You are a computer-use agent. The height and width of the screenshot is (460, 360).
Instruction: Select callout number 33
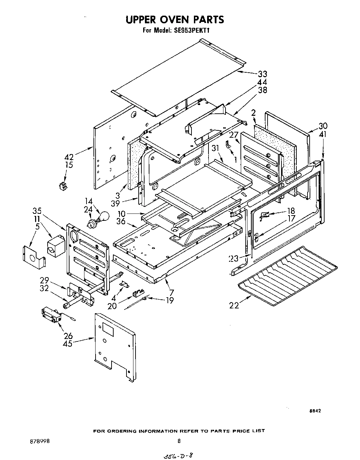[x=262, y=74]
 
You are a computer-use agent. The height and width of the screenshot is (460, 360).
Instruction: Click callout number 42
[x=69, y=157]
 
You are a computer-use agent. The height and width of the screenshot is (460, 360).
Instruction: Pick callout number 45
[x=68, y=344]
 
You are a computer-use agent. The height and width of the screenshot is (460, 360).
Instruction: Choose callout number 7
[x=171, y=292]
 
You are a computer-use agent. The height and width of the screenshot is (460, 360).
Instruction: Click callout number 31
[x=216, y=148]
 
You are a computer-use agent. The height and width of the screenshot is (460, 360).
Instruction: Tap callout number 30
[x=323, y=126]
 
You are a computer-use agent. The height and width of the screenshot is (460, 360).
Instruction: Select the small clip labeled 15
[x=63, y=186]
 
